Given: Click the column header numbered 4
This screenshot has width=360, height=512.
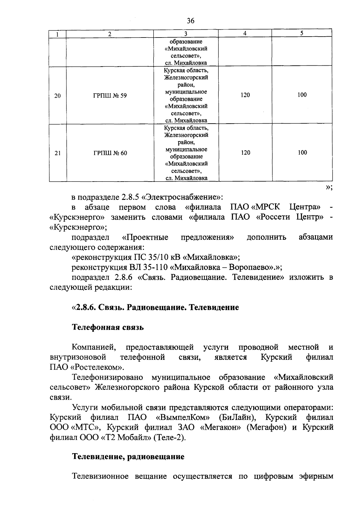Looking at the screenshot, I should [245, 34].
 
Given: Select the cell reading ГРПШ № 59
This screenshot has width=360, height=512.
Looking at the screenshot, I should [110, 96].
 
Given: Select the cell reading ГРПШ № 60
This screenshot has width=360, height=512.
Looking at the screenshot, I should [110, 153].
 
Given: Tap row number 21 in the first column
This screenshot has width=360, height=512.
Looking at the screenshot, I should [58, 153].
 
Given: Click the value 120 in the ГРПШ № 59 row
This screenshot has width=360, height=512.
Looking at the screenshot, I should [245, 95].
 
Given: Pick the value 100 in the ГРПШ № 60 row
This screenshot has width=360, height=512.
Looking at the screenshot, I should [302, 152].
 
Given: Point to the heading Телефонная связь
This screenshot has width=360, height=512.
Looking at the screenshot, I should [108, 327].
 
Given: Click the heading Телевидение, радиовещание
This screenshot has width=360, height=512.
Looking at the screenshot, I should [128, 457].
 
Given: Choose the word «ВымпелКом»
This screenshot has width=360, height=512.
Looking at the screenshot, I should [183, 417].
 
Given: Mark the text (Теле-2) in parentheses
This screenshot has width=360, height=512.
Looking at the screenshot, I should [170, 437].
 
